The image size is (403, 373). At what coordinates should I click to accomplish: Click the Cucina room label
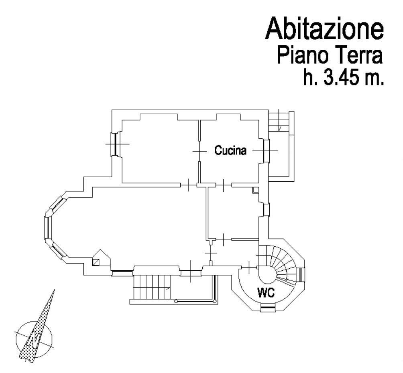tap(230, 150)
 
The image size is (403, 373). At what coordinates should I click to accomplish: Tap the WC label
tap(266, 292)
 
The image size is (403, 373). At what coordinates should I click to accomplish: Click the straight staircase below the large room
tap(152, 287)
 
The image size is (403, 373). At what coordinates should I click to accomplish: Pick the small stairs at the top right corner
tap(279, 120)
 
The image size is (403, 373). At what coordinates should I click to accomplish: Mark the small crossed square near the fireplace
tap(96, 263)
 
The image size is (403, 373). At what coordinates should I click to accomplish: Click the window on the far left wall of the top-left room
tap(115, 144)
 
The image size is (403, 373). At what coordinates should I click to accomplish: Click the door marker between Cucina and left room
tap(199, 151)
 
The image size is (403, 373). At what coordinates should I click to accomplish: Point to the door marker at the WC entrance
tap(249, 268)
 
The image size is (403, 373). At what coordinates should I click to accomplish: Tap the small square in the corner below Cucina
tap(256, 190)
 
